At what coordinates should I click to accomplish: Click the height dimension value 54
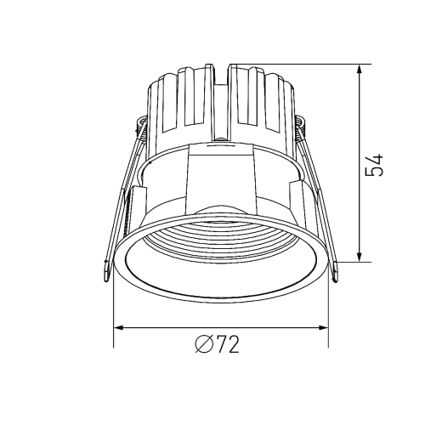375,166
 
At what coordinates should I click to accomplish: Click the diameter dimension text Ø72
218,344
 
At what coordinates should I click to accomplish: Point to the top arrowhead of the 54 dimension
360,70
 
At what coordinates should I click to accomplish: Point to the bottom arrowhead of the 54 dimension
360,257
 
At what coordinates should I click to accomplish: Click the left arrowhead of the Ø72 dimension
118,328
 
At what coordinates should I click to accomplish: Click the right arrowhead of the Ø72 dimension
324,328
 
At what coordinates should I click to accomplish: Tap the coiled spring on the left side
142,127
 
